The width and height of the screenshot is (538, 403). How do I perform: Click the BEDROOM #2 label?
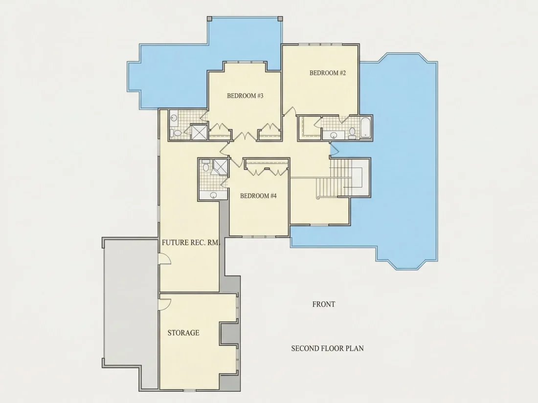click(x=327, y=73)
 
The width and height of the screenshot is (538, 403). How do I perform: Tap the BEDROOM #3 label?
click(x=245, y=96)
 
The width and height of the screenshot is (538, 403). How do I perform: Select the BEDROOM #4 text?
click(x=258, y=196)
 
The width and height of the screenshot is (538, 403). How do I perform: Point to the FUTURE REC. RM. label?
click(x=190, y=243)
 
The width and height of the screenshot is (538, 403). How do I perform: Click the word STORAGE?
click(x=183, y=333)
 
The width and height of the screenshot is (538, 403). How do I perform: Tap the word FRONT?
click(x=324, y=304)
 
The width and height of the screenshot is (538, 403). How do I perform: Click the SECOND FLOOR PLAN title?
click(x=327, y=348)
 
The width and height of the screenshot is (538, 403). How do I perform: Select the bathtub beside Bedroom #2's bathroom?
click(x=365, y=127)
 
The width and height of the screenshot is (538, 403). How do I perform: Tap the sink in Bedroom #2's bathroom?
click(x=333, y=135)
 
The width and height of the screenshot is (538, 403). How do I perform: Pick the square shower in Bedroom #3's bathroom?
click(x=199, y=132)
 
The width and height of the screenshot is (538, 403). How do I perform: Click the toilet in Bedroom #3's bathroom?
click(x=177, y=133)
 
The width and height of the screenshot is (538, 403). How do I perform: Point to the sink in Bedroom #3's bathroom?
click(x=174, y=118)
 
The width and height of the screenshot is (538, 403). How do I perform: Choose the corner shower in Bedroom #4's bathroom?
click(x=220, y=167)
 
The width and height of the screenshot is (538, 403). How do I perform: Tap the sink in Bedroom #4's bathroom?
click(x=213, y=195)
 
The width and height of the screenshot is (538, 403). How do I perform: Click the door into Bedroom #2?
click(x=290, y=111)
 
